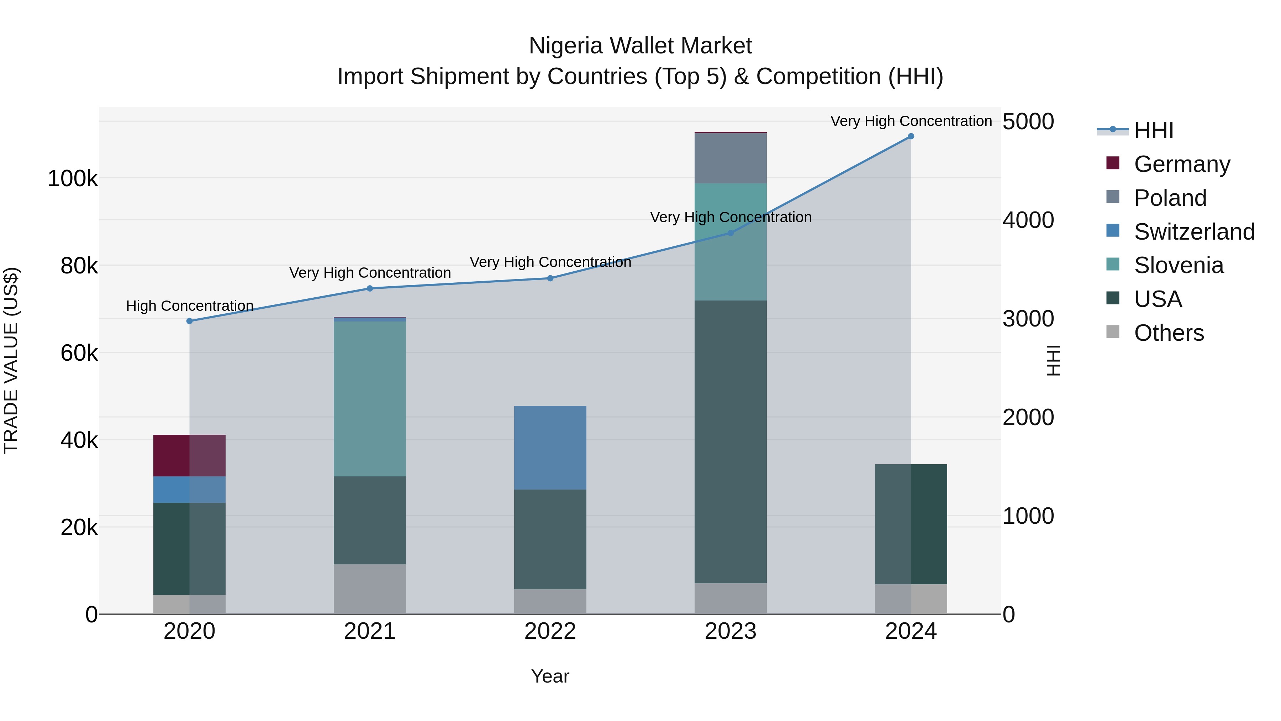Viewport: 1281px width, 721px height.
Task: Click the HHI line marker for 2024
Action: [911, 136]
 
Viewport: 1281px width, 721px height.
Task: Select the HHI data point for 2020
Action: [189, 321]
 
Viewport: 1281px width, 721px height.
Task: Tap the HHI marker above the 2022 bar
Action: [550, 278]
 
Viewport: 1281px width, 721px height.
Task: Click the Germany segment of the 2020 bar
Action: [189, 455]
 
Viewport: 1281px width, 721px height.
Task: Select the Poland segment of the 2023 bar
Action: [730, 158]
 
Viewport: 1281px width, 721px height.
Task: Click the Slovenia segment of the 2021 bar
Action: [369, 398]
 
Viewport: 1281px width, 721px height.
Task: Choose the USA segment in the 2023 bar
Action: [730, 442]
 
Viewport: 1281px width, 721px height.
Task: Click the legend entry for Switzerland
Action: [1194, 232]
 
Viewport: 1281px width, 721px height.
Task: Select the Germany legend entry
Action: [1181, 164]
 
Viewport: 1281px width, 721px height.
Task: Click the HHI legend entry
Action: [1154, 130]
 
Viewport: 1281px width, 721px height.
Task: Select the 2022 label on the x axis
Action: [550, 631]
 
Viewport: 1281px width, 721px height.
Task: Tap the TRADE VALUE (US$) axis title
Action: [11, 360]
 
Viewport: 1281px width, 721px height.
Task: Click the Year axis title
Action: [550, 676]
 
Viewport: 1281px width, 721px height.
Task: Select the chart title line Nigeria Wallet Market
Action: [640, 46]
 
